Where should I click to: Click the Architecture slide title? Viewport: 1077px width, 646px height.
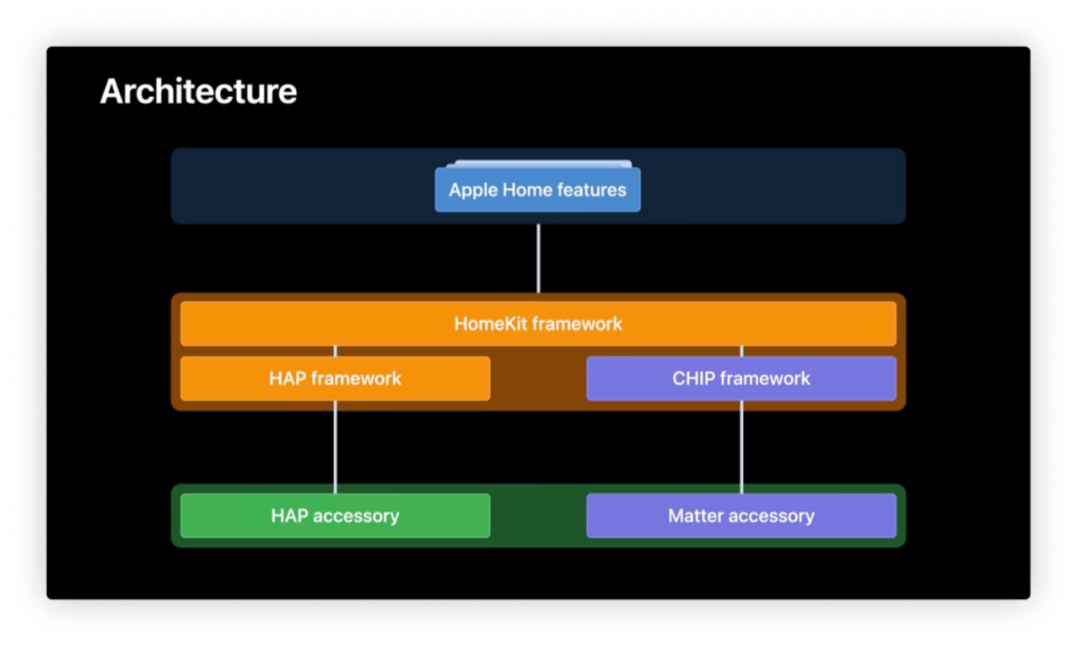198,92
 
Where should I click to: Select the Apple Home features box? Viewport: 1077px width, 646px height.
538,190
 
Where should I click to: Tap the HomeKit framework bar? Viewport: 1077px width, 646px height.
538,323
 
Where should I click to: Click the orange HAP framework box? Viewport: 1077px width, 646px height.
335,378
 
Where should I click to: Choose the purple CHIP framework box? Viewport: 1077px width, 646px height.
741,378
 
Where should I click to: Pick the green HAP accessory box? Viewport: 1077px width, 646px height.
335,515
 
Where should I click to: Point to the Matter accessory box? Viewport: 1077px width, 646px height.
741,515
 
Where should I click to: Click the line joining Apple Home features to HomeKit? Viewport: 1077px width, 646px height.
538,257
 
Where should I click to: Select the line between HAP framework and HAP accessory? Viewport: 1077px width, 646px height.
335,447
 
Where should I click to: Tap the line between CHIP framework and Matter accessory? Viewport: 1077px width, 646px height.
741,447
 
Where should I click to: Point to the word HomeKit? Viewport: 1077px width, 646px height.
491,323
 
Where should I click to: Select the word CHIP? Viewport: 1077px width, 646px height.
693,378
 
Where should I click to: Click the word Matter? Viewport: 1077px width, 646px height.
695,515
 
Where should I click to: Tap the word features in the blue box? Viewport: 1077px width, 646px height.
591,190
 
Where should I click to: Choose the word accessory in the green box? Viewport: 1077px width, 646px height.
356,515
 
